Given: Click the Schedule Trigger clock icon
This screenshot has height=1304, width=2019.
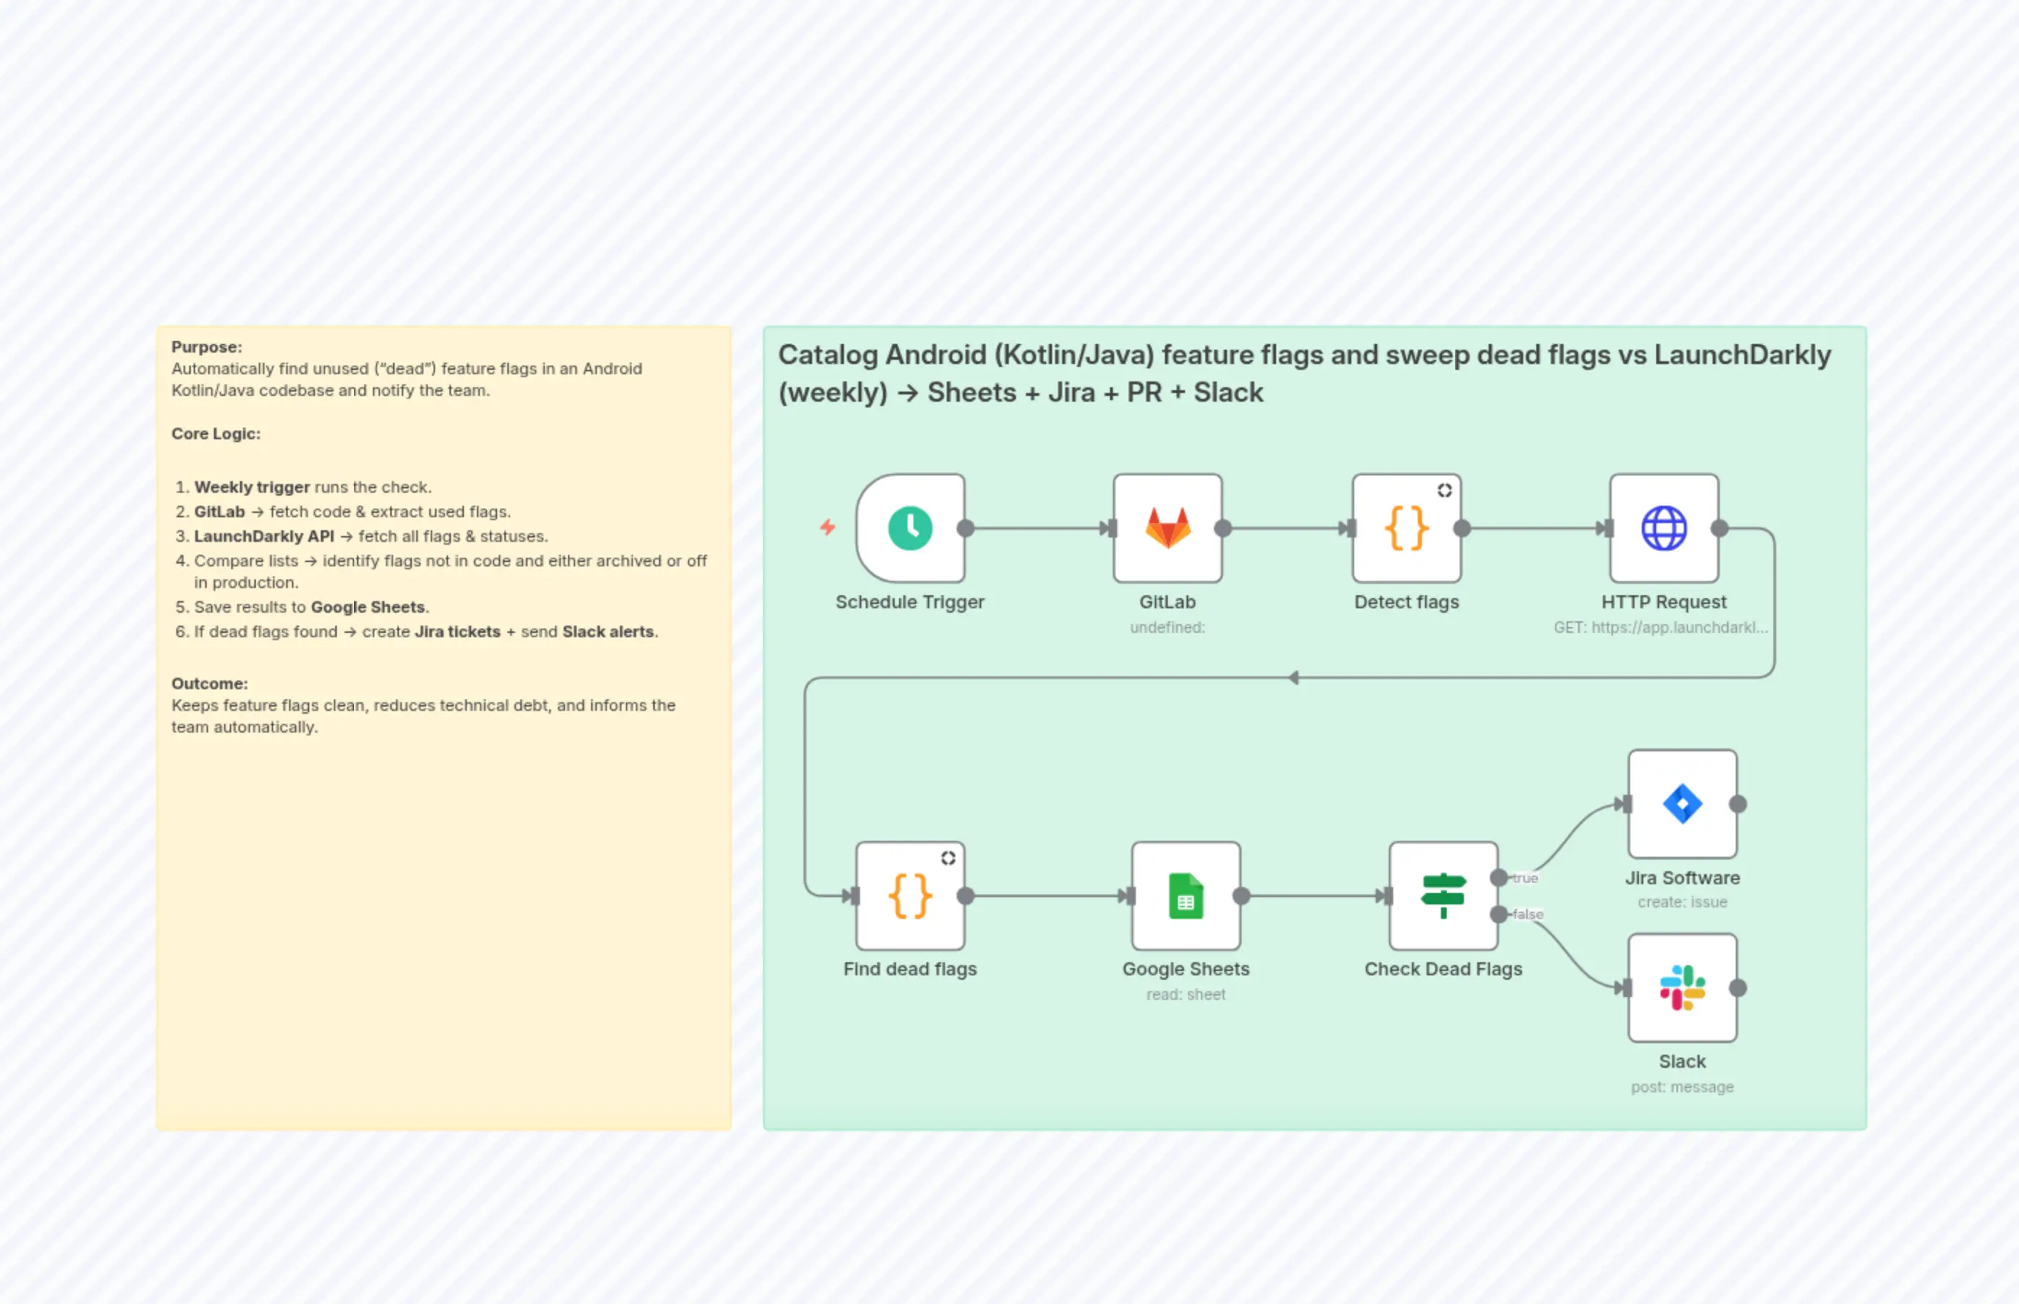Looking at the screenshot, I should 911,528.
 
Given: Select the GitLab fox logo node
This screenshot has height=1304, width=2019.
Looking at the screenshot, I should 1168,528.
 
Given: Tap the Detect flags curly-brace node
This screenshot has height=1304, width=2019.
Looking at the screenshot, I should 1407,528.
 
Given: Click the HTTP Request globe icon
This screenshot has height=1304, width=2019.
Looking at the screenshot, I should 1664,528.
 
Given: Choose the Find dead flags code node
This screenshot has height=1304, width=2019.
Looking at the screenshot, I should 911,896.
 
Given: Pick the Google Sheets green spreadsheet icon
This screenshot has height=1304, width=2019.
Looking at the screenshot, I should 1187,896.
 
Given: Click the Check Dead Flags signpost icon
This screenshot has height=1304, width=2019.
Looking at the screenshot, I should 1443,896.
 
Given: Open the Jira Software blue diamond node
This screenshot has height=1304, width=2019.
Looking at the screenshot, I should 1683,804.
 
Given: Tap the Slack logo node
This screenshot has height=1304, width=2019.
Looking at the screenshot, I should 1683,988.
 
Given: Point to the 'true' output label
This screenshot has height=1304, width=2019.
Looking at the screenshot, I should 1525,878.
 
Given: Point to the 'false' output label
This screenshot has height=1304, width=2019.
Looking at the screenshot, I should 1528,915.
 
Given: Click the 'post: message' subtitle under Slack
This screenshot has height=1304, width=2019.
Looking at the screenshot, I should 1683,1087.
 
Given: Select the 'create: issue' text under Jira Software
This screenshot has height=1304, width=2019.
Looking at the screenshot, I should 1683,902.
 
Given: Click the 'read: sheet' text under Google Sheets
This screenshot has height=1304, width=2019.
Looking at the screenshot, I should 1187,995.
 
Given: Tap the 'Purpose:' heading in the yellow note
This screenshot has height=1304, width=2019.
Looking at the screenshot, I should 207,347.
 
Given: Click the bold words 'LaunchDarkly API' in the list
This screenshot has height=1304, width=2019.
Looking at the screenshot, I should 264,536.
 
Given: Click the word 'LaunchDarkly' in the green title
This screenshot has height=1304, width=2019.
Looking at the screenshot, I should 1742,355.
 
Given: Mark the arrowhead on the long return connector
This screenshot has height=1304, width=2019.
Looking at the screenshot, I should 1294,678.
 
